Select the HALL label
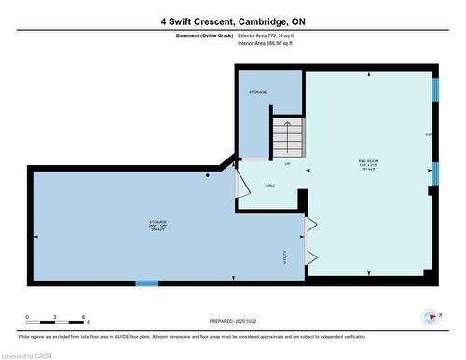pyautogui.click(x=270, y=185)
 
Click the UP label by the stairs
pyautogui.click(x=286, y=164)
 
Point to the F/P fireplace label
pyautogui.click(x=428, y=136)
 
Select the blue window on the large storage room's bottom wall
pyautogui.click(x=146, y=283)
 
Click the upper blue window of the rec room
pyautogui.click(x=435, y=90)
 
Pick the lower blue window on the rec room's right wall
pyautogui.click(x=435, y=173)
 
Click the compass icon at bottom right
pyautogui.click(x=430, y=316)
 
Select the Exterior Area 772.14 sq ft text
pyautogui.click(x=272, y=35)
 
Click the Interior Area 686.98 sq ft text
pyautogui.click(x=271, y=43)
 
